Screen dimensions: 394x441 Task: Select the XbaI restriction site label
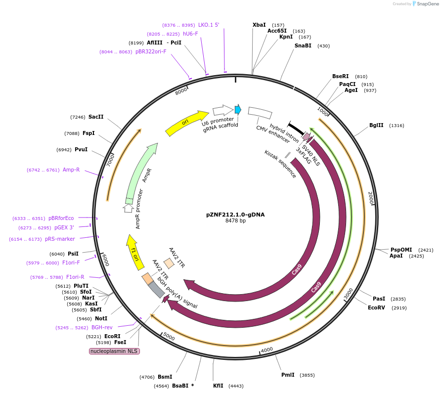tap(259, 25)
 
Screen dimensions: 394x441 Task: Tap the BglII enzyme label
tap(376, 125)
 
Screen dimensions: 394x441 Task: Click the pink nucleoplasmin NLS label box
tap(114, 351)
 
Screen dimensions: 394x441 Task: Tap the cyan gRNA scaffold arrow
tap(238, 109)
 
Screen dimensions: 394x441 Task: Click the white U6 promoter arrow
tap(222, 110)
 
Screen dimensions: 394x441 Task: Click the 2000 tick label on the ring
tap(371, 197)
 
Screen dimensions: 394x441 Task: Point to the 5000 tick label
tap(169, 337)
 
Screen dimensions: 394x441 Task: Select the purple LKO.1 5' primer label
tap(209, 25)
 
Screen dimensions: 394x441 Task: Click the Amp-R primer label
tap(71, 170)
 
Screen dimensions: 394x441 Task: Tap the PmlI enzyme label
tap(288, 375)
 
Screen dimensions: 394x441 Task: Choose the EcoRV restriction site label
tap(377, 307)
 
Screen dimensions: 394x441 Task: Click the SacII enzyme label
tap(96, 117)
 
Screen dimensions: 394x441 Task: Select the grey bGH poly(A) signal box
tap(156, 290)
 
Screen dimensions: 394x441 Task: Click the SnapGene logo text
tap(428, 4)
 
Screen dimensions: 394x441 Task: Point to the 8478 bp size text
tap(235, 221)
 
